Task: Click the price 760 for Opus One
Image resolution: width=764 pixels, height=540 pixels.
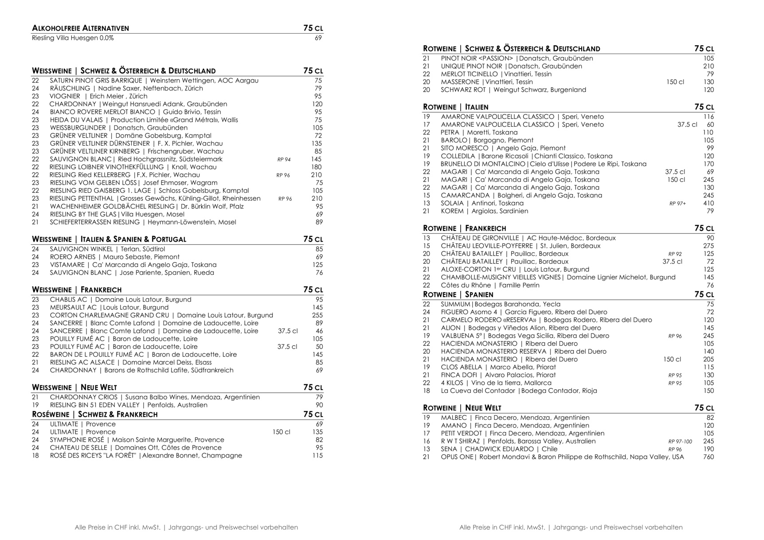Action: point(708,457)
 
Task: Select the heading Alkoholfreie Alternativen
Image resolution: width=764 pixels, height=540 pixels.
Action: point(80,28)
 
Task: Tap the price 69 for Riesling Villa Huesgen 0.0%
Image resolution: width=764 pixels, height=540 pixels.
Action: point(318,38)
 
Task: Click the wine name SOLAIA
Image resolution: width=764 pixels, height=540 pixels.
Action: point(452,203)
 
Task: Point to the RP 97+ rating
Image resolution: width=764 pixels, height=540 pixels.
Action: point(678,203)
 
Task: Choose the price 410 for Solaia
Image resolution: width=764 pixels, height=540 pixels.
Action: point(708,203)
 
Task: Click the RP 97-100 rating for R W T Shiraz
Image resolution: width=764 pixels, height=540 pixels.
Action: point(680,442)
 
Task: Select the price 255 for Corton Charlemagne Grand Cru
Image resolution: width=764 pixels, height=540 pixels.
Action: point(317,315)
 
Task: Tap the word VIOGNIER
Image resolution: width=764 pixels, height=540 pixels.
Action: point(65,96)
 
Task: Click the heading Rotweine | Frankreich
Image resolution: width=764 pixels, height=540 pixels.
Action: point(464,228)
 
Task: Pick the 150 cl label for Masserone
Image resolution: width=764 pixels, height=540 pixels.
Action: point(675,82)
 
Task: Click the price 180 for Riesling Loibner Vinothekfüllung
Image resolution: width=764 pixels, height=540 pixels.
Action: point(316,167)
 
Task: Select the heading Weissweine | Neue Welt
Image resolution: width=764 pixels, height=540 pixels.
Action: point(74,387)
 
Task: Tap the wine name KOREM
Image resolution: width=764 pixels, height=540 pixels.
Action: point(452,211)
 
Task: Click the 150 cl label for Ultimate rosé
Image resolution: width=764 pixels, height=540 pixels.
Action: point(281,432)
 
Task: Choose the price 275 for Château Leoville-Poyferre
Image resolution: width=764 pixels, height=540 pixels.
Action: point(708,246)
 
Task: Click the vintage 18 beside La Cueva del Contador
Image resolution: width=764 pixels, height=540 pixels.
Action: point(426,391)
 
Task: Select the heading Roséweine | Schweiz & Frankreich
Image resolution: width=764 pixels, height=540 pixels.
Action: point(94,415)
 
